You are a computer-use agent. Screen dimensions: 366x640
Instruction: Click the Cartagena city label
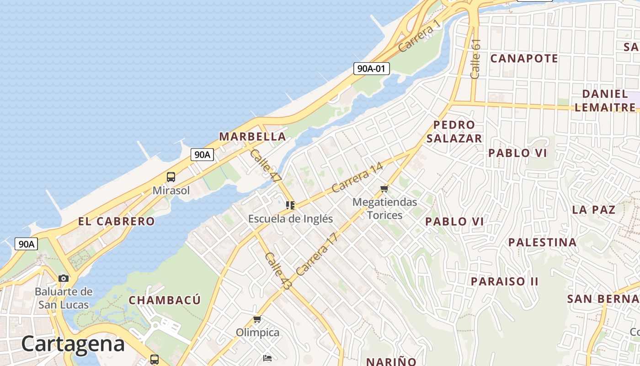tap(73, 344)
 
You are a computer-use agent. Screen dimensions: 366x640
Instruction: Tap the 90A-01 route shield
tap(372, 69)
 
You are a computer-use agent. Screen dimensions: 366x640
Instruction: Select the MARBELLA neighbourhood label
tap(252, 136)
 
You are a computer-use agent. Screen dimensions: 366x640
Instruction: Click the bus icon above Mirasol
tap(171, 177)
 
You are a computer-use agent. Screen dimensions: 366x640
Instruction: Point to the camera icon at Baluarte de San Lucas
tap(64, 278)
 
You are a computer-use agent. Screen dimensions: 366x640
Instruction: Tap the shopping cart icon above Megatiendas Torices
tap(384, 188)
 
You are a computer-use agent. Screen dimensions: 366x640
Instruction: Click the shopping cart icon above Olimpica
tap(257, 319)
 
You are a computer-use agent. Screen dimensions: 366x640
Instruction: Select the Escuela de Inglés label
tap(290, 219)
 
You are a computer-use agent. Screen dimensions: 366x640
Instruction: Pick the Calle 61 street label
tap(475, 59)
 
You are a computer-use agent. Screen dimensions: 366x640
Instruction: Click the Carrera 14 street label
tap(357, 178)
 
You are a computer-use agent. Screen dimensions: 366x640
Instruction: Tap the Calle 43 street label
tap(278, 270)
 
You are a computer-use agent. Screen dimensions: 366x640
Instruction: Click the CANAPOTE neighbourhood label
tap(524, 59)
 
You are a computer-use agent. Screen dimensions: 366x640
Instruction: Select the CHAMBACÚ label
tap(165, 300)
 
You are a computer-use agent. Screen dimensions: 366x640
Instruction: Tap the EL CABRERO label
tap(117, 221)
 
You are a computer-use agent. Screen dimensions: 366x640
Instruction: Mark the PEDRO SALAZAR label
tap(454, 131)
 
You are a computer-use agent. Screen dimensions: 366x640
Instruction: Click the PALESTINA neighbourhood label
tap(543, 242)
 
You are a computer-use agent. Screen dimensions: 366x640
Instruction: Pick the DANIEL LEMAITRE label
tap(605, 101)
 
